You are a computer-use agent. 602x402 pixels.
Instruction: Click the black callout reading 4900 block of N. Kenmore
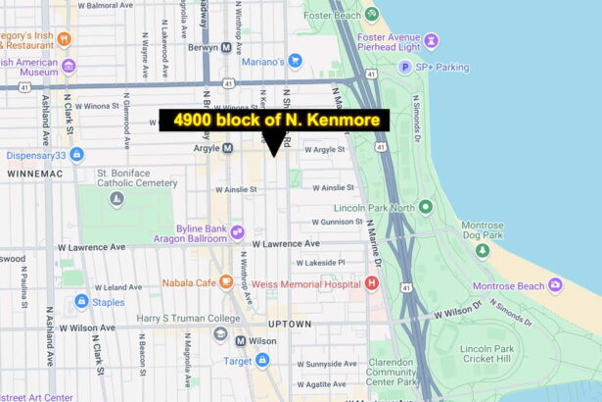click(274, 121)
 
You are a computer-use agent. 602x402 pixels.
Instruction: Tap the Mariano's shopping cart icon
click(295, 61)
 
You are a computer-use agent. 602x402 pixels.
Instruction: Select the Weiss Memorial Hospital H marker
click(371, 283)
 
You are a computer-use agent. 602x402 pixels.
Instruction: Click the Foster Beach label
click(332, 16)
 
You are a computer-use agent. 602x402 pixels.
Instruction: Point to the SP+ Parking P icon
click(404, 67)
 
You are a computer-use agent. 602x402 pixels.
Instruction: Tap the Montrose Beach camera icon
click(555, 284)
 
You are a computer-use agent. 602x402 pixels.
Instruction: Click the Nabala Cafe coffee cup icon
click(226, 282)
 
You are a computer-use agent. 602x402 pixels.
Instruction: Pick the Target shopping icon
click(261, 361)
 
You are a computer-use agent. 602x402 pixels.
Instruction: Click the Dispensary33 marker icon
click(76, 154)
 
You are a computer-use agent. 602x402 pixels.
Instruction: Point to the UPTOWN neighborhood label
click(291, 324)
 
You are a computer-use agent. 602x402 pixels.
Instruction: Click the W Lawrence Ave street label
click(286, 243)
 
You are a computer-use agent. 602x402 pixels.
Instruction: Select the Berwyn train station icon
click(226, 47)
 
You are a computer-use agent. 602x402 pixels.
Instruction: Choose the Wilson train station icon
click(221, 341)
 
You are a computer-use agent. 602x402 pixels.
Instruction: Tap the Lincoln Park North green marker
click(425, 207)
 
